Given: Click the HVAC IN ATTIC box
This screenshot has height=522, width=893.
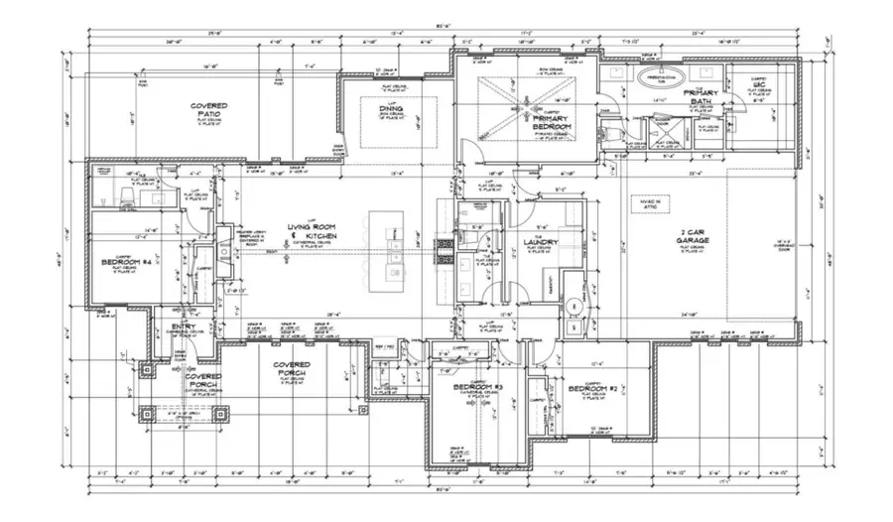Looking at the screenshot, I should [x=649, y=203].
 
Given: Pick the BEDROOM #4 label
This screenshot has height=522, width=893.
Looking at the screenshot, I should [x=125, y=263].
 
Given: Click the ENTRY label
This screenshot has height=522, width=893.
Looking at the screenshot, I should [x=184, y=326].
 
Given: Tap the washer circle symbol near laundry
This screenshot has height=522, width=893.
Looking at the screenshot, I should [x=574, y=305].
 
